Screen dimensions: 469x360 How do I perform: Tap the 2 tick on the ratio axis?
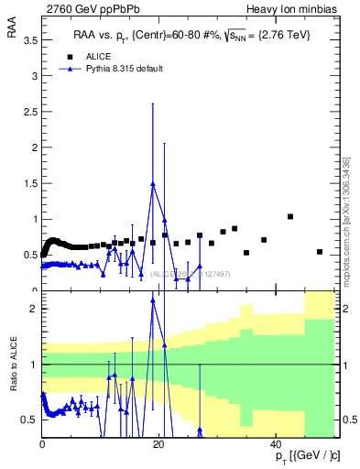[x=35, y=309]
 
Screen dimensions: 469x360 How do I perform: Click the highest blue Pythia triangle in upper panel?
[x=153, y=184]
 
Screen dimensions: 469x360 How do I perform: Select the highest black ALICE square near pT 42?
[x=290, y=217]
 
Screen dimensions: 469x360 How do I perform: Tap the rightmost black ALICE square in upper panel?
[x=320, y=252]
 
